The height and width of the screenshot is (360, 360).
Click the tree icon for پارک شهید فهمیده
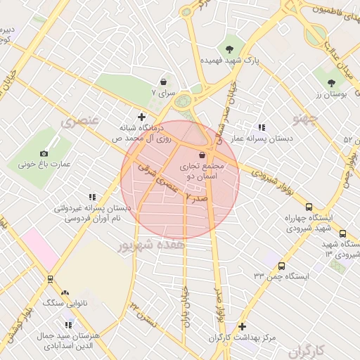pyautogui.click(x=229, y=49)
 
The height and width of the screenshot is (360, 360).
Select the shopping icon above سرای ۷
pyautogui.click(x=163, y=81)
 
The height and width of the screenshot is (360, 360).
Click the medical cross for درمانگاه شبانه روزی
pyautogui.click(x=143, y=117)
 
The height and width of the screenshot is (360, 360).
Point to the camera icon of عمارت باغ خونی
pyautogui.click(x=44, y=153)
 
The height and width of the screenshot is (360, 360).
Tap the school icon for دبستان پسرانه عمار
pyautogui.click(x=262, y=127)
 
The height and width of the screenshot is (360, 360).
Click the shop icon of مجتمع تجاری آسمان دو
pyautogui.click(x=202, y=155)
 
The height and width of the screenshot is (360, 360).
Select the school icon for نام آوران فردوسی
pyautogui.click(x=92, y=197)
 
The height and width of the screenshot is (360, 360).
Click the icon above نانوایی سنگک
pyautogui.click(x=65, y=292)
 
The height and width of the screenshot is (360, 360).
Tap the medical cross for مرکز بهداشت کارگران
pyautogui.click(x=242, y=326)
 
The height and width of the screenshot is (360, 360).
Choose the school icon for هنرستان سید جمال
pyautogui.click(x=68, y=325)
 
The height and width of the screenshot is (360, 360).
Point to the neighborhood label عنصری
pyautogui.click(x=77, y=122)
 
